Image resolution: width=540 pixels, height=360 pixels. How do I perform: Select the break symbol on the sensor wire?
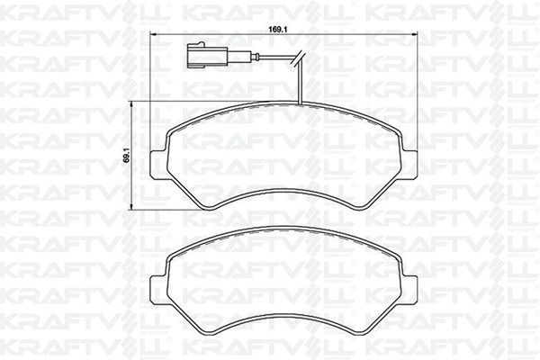[303, 65]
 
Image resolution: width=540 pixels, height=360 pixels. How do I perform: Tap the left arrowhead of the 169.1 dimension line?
[149, 37]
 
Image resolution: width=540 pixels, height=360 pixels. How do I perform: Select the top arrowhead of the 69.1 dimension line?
[135, 105]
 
